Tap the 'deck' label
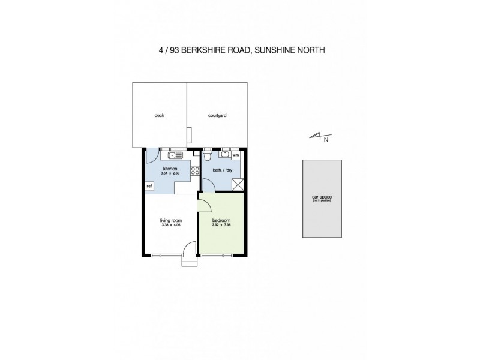click(x=159, y=115)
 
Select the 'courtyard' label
click(x=217, y=115)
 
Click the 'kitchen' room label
click(x=170, y=169)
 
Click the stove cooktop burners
click(x=194, y=172)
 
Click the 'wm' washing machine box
click(x=235, y=155)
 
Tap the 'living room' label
click(x=170, y=221)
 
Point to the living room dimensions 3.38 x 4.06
click(x=170, y=226)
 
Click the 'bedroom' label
click(x=222, y=221)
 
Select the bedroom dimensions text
click(x=222, y=226)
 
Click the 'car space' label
click(x=322, y=196)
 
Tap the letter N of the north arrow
click(x=326, y=141)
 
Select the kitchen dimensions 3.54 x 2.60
click(x=170, y=174)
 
